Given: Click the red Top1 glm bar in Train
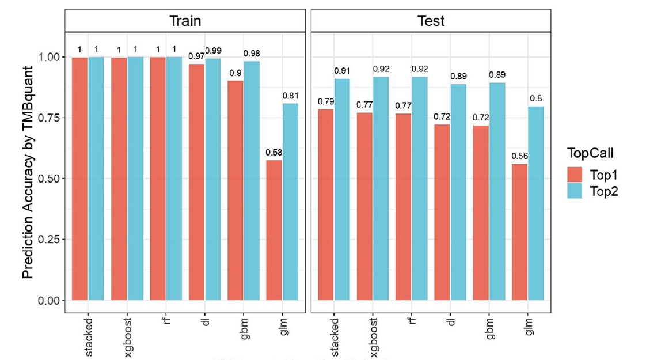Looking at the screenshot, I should (x=273, y=230).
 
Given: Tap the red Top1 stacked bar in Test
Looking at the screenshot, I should (x=326, y=204).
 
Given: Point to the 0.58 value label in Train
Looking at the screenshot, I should (x=273, y=153).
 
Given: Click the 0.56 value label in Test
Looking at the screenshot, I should (x=520, y=156).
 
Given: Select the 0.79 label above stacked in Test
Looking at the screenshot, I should (x=326, y=101).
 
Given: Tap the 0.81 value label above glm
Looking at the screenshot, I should (x=290, y=96).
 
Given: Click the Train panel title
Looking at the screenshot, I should (x=185, y=21).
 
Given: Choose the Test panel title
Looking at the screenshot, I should (x=431, y=21).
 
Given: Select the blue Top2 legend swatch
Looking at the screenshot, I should (x=576, y=192).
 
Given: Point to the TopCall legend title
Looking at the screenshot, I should (x=589, y=154).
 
